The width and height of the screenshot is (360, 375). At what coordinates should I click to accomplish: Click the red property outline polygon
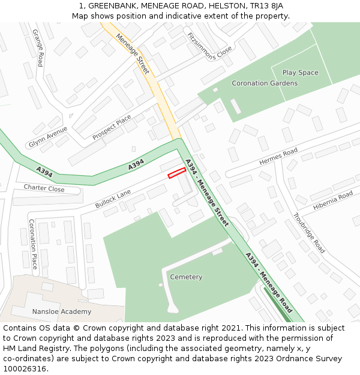[x=176, y=173]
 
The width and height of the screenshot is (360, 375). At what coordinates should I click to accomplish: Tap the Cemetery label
[x=186, y=277]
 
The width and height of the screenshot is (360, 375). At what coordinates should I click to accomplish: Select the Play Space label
[x=300, y=73]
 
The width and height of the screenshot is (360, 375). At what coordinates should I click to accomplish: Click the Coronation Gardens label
[x=265, y=83]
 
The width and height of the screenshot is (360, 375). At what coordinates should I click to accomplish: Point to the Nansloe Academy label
[x=62, y=311]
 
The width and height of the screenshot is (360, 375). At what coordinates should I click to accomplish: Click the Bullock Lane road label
[x=113, y=199]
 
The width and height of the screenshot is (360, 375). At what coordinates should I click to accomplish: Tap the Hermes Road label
[x=278, y=158]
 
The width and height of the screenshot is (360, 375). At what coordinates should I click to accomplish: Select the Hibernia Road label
[x=333, y=201]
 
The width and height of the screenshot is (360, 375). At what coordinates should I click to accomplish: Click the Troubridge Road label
[x=309, y=233]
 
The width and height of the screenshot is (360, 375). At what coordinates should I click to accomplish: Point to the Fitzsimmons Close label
[x=209, y=46]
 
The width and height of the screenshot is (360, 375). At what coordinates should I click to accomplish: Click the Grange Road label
[x=38, y=47]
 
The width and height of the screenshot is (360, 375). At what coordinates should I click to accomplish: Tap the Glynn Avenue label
[x=48, y=137]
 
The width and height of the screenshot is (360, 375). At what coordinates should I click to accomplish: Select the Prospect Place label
[x=112, y=128]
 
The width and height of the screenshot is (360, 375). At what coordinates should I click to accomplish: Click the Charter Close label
[x=44, y=188]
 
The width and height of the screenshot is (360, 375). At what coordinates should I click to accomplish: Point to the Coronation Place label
[x=33, y=244]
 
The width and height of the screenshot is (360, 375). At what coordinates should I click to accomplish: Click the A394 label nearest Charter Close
[x=44, y=171]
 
